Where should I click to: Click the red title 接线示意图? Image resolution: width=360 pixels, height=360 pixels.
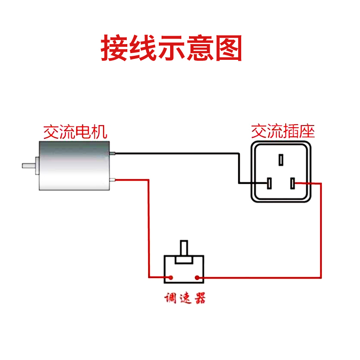[x=171, y=48]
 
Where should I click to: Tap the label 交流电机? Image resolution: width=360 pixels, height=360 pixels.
[x=75, y=132]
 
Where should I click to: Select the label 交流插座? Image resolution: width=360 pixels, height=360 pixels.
[x=282, y=131]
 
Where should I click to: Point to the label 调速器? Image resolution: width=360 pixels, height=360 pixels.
[x=184, y=299]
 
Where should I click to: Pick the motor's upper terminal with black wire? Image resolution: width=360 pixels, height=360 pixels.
[x=113, y=153]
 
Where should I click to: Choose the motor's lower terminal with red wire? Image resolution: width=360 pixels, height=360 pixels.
[x=113, y=180]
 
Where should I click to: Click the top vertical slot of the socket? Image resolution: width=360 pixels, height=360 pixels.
[x=281, y=160]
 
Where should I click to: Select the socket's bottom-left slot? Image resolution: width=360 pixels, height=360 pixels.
[x=269, y=183]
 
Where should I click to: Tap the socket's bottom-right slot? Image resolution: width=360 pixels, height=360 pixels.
[x=293, y=183]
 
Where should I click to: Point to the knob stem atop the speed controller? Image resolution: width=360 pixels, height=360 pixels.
[x=184, y=249]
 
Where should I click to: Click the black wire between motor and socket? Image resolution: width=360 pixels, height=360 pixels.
[x=180, y=153]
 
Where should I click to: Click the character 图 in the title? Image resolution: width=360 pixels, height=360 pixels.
[x=228, y=48]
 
